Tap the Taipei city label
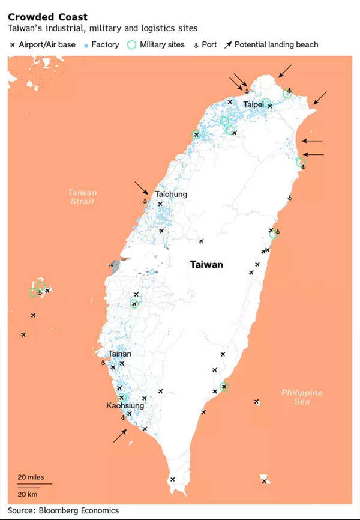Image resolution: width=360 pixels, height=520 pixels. pos(254,104)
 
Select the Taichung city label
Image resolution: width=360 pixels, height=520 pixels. pos(171,194)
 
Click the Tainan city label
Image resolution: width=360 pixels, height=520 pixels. pos(120,354)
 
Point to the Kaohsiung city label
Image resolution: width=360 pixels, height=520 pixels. pos(125,406)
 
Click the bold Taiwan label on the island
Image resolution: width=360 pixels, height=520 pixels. pos(206,264)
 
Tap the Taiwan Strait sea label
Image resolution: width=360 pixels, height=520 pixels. pos(82,198)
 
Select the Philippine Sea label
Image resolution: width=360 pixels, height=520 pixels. pos(302,397)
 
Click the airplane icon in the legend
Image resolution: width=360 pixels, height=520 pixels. pos(13,44)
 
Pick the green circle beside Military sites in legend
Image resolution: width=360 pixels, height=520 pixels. pos(132,44)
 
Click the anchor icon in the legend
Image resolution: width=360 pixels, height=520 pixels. pos(195,45)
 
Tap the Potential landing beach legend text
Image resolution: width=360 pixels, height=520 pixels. pos(276,44)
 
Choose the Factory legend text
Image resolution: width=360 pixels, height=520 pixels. pos(105,44)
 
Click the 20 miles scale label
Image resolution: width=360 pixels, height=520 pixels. pos(31,477)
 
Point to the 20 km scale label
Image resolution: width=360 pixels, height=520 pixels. pos(28,494)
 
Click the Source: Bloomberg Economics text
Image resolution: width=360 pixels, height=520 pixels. pos(63,510)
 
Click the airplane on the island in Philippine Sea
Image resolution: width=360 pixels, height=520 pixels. pos(257,402)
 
